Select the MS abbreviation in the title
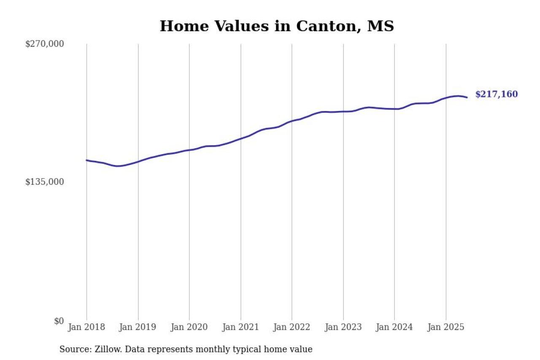click(381, 26)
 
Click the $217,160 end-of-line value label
click(497, 95)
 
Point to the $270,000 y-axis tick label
click(45, 44)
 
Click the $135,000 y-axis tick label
click(45, 182)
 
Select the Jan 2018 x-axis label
click(86, 328)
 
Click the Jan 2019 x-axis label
click(138, 328)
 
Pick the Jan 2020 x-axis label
click(189, 328)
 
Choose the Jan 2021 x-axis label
click(240, 328)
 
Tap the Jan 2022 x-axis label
click(292, 328)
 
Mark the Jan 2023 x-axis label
click(343, 328)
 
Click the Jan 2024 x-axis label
click(394, 328)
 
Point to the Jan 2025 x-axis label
click(446, 328)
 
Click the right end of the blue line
click(467, 97)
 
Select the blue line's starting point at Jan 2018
click(87, 160)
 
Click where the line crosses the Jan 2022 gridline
click(292, 121)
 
